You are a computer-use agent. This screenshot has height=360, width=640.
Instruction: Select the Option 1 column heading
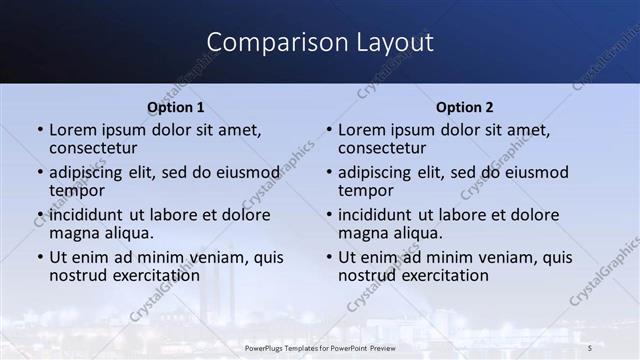[x=176, y=107]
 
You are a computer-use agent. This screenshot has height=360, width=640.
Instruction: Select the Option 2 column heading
[x=465, y=107]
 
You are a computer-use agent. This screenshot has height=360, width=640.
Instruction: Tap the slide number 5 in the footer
[x=590, y=347]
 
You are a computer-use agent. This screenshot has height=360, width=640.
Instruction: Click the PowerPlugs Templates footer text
[x=320, y=347]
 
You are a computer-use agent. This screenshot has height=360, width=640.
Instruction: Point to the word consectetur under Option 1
[x=92, y=148]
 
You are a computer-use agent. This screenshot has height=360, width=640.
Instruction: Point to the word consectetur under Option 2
[x=381, y=148]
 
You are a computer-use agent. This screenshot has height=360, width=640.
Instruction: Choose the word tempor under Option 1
[x=76, y=190]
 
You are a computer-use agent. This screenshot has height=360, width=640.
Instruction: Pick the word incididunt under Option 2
[x=379, y=215]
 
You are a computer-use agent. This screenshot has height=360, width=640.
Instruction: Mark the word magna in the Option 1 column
[x=73, y=233]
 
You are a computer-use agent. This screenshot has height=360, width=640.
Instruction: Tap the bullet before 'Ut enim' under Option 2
[x=329, y=257]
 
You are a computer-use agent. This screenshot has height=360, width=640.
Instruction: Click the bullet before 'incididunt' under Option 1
[x=40, y=215]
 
